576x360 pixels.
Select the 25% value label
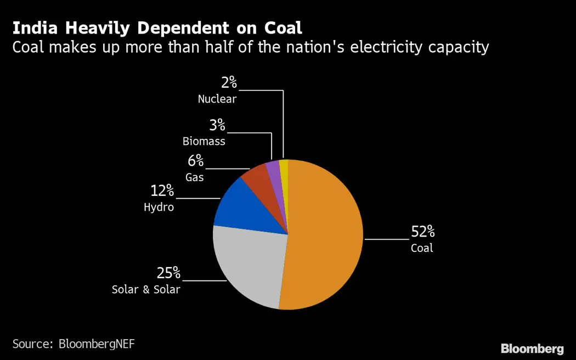168,273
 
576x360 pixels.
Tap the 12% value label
162,191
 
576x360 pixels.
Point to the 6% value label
195,161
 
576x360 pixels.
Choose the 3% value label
217,125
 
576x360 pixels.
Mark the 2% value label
229,83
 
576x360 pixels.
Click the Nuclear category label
217,99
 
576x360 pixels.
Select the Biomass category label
204,141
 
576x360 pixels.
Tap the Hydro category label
159,207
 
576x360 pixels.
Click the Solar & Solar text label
146,289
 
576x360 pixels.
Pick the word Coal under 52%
422,248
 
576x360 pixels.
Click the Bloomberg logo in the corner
532,348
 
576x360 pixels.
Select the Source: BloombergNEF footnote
74,344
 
